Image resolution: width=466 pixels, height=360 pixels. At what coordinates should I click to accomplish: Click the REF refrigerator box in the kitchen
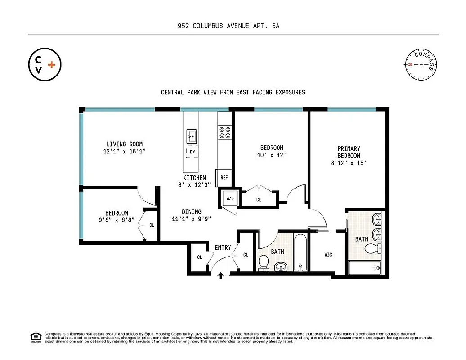[x=224, y=178]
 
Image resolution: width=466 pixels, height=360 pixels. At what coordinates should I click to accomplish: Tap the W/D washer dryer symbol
[x=229, y=198]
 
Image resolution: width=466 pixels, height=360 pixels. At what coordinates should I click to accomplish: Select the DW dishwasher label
[x=192, y=152]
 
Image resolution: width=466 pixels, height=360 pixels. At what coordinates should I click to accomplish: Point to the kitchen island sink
[x=192, y=135]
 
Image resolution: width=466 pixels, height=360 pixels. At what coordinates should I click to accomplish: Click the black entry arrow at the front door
[x=220, y=275]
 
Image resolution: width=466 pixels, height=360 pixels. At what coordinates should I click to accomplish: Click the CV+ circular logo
[x=45, y=65]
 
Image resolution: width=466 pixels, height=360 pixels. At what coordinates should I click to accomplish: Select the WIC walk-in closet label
[x=328, y=255]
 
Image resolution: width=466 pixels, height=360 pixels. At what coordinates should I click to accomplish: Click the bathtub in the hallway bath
[x=300, y=252]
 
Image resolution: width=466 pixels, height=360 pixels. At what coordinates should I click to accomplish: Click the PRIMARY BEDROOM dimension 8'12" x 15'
[x=349, y=164]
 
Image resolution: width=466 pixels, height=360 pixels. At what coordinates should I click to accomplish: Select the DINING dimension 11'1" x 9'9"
[x=191, y=220]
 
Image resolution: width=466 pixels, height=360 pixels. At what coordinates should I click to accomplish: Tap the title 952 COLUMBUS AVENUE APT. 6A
[x=229, y=26]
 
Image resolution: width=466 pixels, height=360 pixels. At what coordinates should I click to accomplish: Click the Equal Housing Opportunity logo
[x=35, y=337]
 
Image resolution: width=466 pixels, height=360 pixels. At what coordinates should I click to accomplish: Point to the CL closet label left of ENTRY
[x=199, y=257]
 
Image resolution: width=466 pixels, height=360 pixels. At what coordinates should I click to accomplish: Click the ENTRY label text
[x=223, y=248]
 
